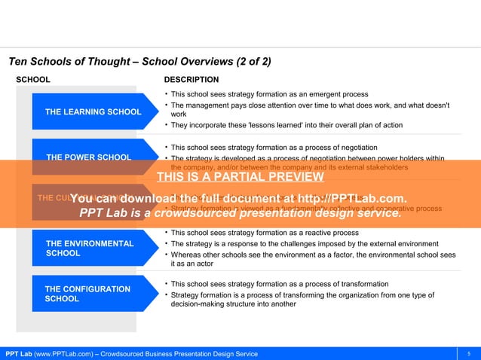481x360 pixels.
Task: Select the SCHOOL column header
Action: point(34,79)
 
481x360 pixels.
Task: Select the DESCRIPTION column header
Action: point(191,79)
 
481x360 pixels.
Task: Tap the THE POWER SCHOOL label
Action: point(88,157)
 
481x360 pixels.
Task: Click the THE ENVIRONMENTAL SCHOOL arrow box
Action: point(90,249)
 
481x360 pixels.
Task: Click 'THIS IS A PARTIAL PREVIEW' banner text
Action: point(240,178)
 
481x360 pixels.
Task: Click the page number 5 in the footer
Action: point(468,353)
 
